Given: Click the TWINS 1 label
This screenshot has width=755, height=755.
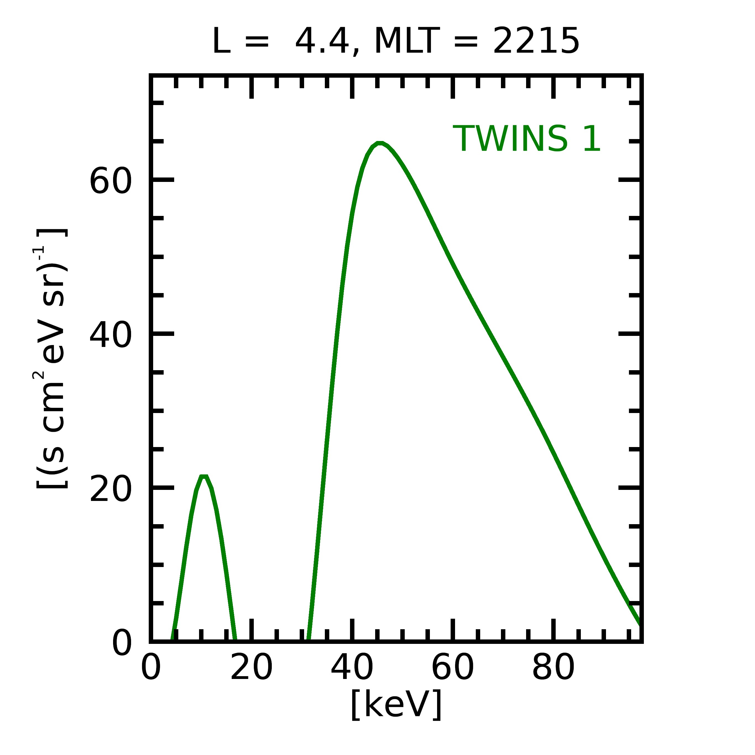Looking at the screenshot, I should pyautogui.click(x=526, y=139).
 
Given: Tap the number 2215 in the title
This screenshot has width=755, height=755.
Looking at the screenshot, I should pyautogui.click(x=536, y=41).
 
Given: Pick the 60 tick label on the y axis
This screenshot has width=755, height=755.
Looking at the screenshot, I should pyautogui.click(x=110, y=181).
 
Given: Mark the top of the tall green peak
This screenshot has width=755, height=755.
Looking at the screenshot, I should pyautogui.click(x=380, y=143).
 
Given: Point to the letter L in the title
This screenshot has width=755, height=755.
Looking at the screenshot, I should pyautogui.click(x=221, y=41).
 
